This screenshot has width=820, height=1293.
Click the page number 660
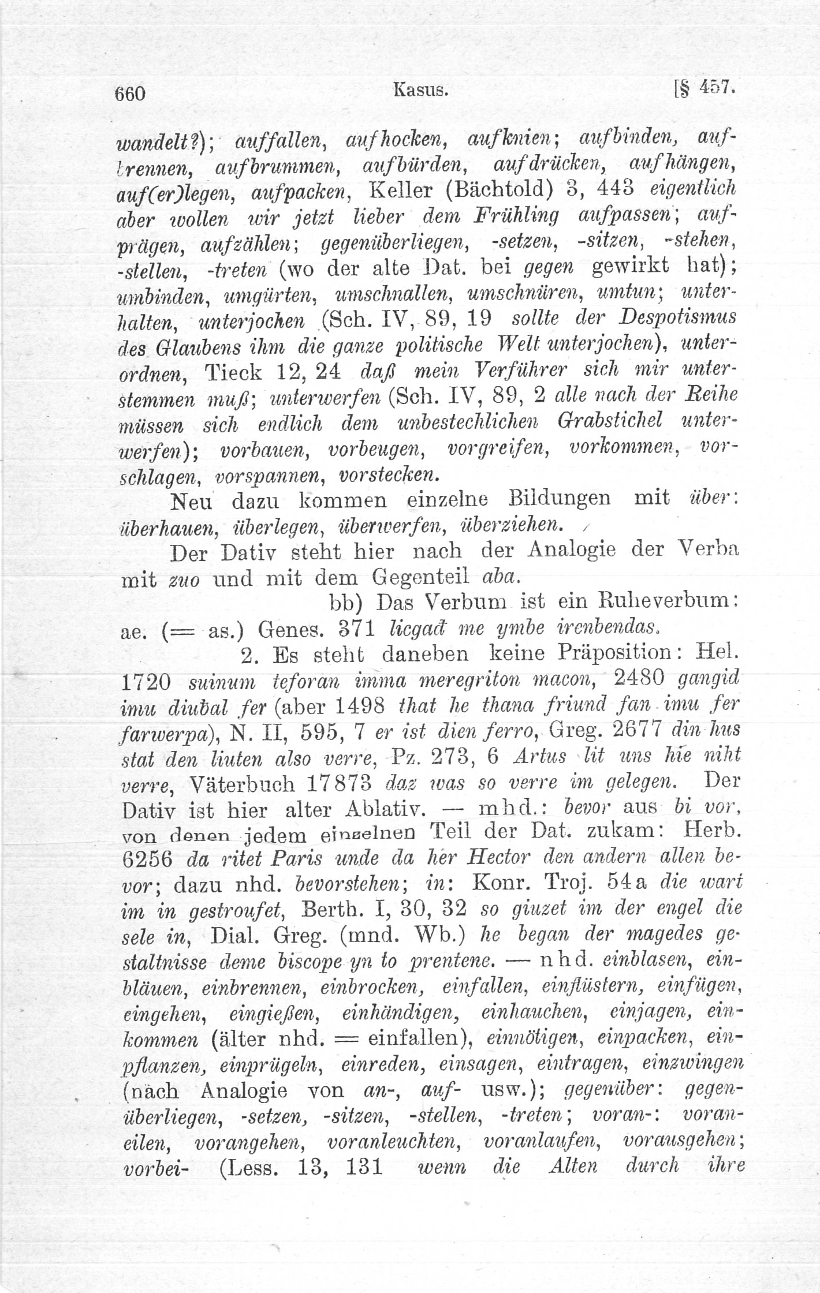coord(131,94)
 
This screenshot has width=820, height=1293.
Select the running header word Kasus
coord(421,90)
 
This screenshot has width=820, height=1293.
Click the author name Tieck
coord(233,372)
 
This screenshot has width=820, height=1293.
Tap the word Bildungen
coord(560,499)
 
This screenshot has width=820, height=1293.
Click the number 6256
coord(148,859)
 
